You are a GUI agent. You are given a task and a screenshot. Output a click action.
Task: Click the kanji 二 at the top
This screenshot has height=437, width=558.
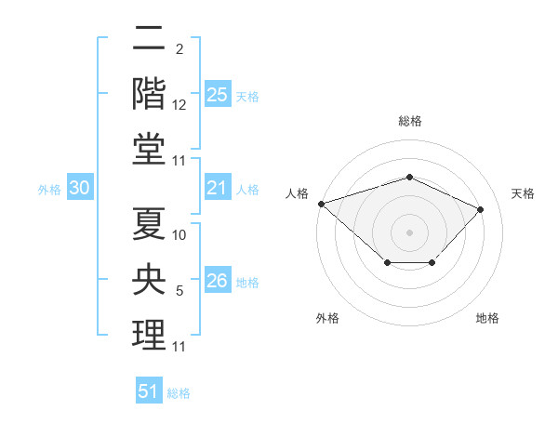tap(149, 37)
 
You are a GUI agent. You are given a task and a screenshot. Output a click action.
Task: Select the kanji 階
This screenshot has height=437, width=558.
tap(149, 94)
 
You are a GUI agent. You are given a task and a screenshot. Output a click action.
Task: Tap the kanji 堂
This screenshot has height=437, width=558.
tap(149, 149)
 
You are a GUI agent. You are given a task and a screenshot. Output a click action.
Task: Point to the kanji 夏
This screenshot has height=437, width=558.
tap(149, 223)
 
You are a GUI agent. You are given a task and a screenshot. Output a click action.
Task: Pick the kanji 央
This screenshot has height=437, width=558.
tap(149, 279)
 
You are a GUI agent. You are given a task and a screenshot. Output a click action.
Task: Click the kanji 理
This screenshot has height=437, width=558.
tap(149, 335)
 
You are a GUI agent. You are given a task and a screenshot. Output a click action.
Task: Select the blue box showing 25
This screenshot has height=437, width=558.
tap(218, 94)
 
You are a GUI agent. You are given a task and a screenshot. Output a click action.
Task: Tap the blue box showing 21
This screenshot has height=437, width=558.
tap(218, 187)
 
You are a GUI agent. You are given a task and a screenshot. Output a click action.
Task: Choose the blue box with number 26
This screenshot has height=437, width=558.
tap(218, 279)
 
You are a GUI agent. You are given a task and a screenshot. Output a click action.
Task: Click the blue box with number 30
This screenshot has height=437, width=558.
tap(80, 187)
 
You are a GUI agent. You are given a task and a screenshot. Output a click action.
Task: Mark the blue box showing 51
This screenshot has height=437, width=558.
tap(149, 390)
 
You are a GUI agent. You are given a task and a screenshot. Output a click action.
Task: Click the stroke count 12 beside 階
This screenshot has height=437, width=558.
tap(179, 105)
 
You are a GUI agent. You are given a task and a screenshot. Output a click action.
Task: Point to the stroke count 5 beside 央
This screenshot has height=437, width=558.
tap(179, 291)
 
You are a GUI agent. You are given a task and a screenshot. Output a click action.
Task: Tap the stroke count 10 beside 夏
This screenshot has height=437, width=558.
tap(179, 235)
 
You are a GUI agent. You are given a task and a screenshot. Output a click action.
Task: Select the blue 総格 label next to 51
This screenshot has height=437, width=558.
tap(179, 393)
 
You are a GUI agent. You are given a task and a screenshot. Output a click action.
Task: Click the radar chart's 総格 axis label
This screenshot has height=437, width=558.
tap(410, 121)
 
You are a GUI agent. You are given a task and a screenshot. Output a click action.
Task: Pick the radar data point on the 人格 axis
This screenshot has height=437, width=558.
tap(322, 204)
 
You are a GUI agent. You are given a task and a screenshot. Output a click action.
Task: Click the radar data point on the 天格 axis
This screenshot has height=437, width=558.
tap(480, 209)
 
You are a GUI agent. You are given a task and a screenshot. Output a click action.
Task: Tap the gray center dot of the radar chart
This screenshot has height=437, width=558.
tap(409, 232)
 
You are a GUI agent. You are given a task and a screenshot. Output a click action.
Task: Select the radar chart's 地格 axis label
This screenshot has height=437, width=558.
tap(487, 318)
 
